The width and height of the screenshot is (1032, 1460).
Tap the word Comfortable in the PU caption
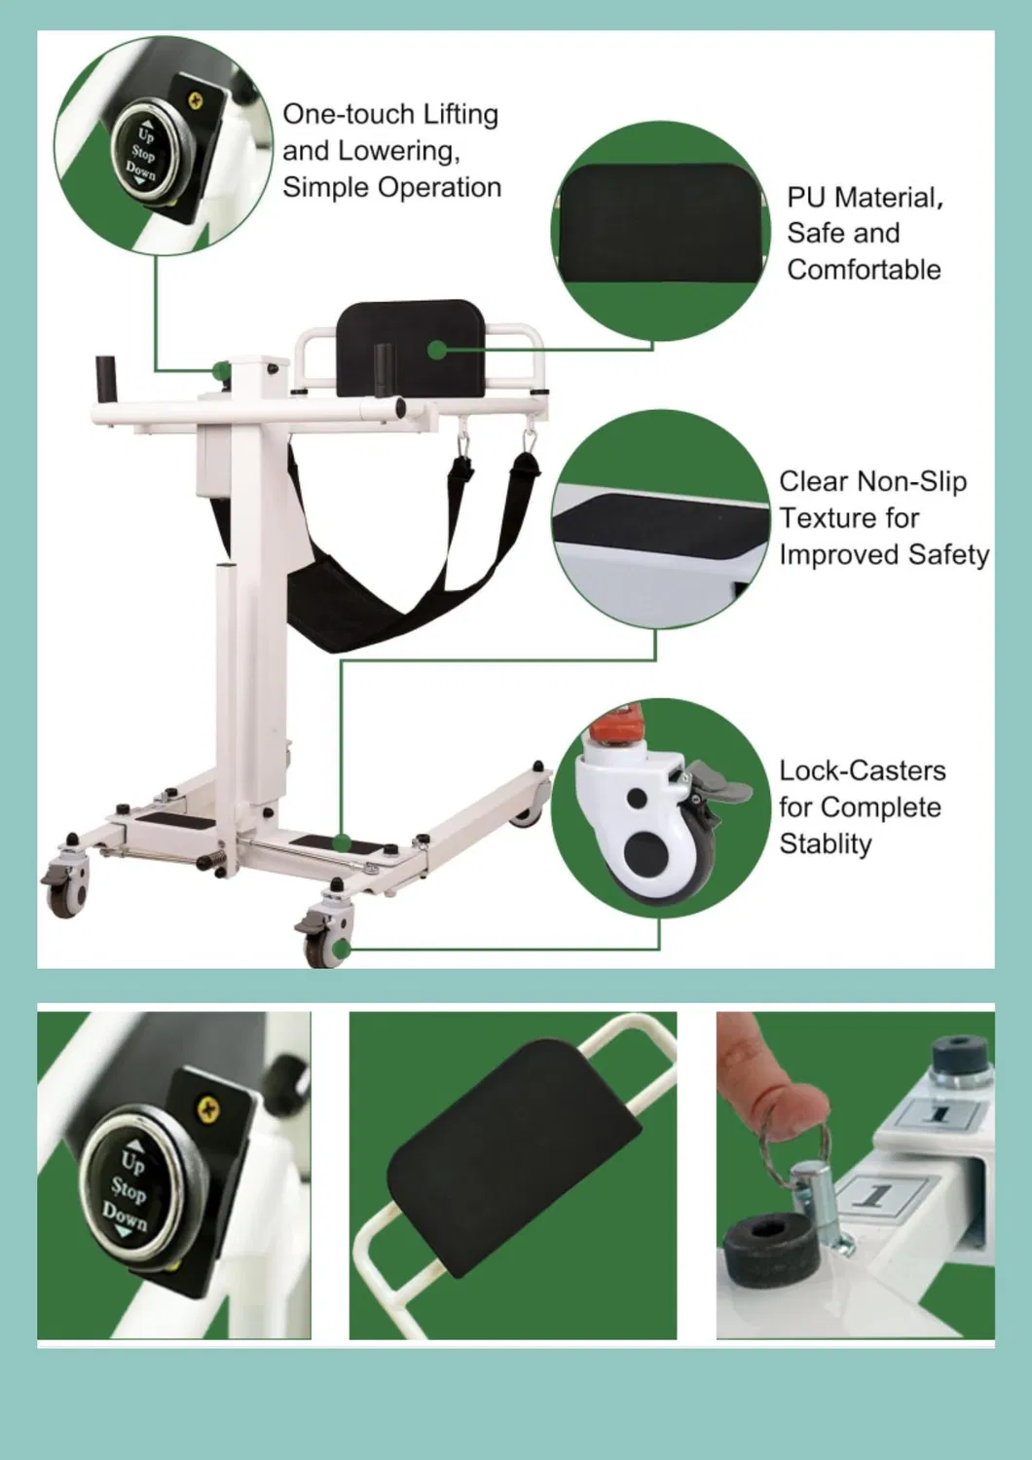click(x=864, y=270)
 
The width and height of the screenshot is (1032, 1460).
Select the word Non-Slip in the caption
click(x=911, y=482)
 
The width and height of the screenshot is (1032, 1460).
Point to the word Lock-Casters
click(x=863, y=771)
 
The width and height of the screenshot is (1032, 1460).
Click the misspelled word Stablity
click(x=826, y=844)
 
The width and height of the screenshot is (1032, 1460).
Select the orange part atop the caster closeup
click(x=615, y=724)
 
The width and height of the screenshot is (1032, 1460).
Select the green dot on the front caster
click(x=341, y=949)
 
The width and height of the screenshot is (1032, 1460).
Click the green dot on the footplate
click(x=342, y=842)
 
